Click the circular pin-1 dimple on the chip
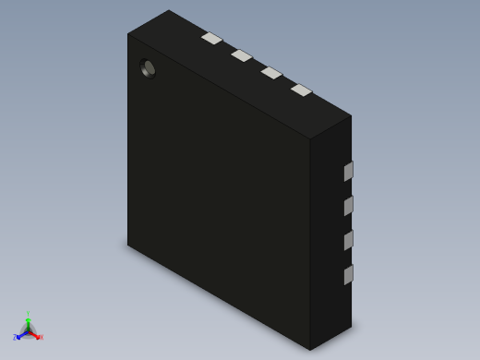pos(148,68)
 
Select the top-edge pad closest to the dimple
pos(211,39)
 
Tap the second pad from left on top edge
pos(241,55)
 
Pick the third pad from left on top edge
pos(271,73)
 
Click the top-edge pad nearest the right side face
pos(301,90)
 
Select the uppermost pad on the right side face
pos(348,172)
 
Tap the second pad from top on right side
pos(348,206)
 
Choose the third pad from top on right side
pos(348,241)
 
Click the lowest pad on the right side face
pos(348,275)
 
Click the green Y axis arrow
pos(28,322)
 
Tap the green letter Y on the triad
pos(28,315)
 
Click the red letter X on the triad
pos(41,338)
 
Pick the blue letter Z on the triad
pos(15,338)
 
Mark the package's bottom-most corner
pos(310,350)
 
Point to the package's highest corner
pos(169,10)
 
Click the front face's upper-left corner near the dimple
pos(128,34)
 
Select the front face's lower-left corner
pos(128,245)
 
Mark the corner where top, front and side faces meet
pos(310,139)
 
